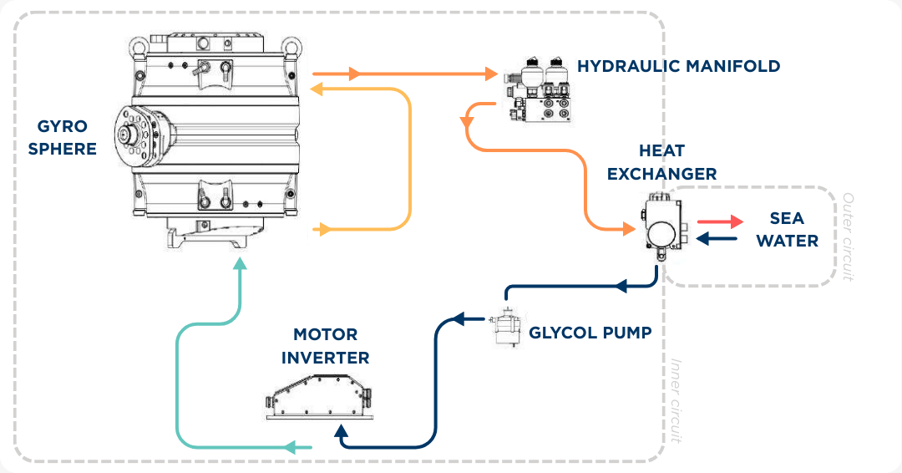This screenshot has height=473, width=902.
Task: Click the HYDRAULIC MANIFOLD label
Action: click(x=679, y=66)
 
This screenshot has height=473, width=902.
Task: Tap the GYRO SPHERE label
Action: click(x=67, y=138)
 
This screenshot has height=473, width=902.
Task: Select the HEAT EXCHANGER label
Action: click(x=661, y=162)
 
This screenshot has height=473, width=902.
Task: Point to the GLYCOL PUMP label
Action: click(x=590, y=332)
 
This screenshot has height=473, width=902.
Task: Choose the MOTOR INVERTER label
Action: click(x=325, y=346)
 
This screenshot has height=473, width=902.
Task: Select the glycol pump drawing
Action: click(x=505, y=328)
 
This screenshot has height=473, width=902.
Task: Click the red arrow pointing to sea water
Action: click(x=720, y=221)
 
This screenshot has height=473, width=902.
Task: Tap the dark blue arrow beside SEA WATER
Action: click(x=717, y=239)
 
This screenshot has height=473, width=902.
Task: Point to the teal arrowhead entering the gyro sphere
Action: click(x=241, y=264)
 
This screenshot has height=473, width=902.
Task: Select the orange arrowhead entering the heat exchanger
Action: click(x=628, y=227)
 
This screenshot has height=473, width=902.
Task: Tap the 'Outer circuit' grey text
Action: click(x=848, y=237)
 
